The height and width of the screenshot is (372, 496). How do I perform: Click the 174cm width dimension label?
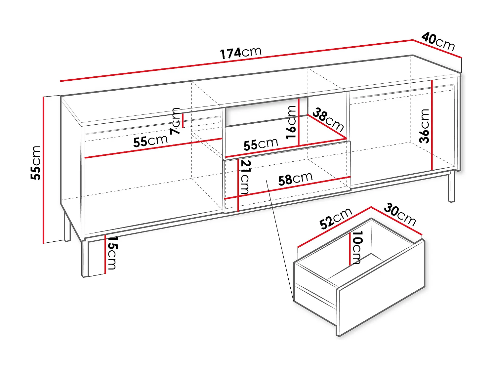[241, 53]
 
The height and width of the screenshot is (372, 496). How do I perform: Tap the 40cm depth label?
[438, 42]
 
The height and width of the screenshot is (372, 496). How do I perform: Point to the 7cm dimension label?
[176, 121]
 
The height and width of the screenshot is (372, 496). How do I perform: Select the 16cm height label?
[291, 122]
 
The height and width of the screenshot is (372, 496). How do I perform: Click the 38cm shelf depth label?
[328, 119]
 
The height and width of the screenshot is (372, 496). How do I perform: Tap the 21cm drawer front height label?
[245, 177]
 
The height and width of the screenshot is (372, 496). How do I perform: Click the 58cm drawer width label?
[295, 179]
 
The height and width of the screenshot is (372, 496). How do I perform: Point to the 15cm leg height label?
[111, 253]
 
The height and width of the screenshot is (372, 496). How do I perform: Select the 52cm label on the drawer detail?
[336, 219]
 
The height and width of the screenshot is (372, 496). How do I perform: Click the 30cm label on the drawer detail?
[400, 215]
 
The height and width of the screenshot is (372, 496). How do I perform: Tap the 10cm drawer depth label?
[357, 247]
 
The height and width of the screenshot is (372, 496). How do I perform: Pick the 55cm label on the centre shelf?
[261, 144]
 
